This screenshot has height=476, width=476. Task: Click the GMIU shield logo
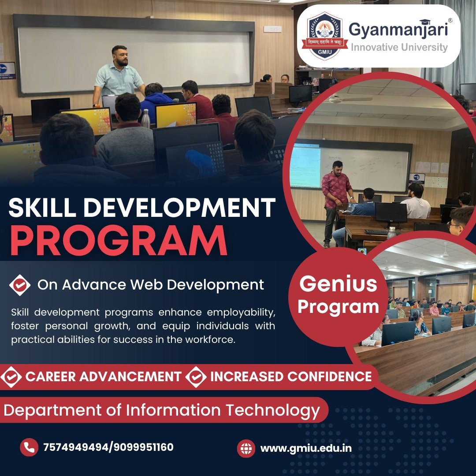pos(324,36)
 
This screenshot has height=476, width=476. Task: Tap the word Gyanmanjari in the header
pos(398,30)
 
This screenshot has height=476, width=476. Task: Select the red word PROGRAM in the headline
pos(119,241)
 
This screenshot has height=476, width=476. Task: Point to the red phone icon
pos(29,447)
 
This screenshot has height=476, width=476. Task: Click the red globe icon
pos(246,448)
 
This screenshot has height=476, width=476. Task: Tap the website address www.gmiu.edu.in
pos(306,448)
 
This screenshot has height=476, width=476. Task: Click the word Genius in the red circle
pos(338,283)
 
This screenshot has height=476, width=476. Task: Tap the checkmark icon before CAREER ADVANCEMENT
pos(11,377)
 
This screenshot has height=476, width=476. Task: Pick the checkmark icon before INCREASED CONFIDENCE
pos(196,377)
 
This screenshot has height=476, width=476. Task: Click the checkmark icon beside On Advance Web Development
pos(20,285)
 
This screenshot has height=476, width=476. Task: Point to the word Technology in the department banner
pos(273,410)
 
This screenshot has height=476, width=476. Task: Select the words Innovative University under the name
pos(399,47)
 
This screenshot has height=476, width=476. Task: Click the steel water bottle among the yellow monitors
pos(146,119)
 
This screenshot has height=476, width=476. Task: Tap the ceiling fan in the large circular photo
pos(349,99)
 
